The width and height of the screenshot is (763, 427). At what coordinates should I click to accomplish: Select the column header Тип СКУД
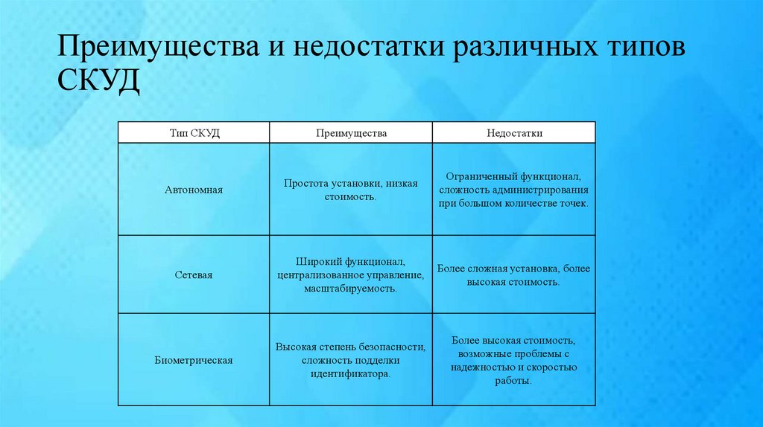coord(194,132)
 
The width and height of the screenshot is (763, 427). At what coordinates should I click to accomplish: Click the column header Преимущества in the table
coord(350,132)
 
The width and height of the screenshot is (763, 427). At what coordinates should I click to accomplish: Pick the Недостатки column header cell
coord(514,132)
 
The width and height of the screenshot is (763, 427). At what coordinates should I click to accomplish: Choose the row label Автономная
coord(194,190)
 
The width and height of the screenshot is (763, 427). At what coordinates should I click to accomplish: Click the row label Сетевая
coord(194,274)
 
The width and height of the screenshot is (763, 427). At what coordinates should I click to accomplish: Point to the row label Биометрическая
coord(194,360)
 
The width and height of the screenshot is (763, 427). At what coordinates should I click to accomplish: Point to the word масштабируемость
coord(350,288)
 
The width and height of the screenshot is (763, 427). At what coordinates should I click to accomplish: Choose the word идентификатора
coord(350,374)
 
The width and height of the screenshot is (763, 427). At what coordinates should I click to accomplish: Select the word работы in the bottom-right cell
coord(513,381)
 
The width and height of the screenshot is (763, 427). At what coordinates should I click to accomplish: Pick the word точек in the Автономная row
coord(573,203)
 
